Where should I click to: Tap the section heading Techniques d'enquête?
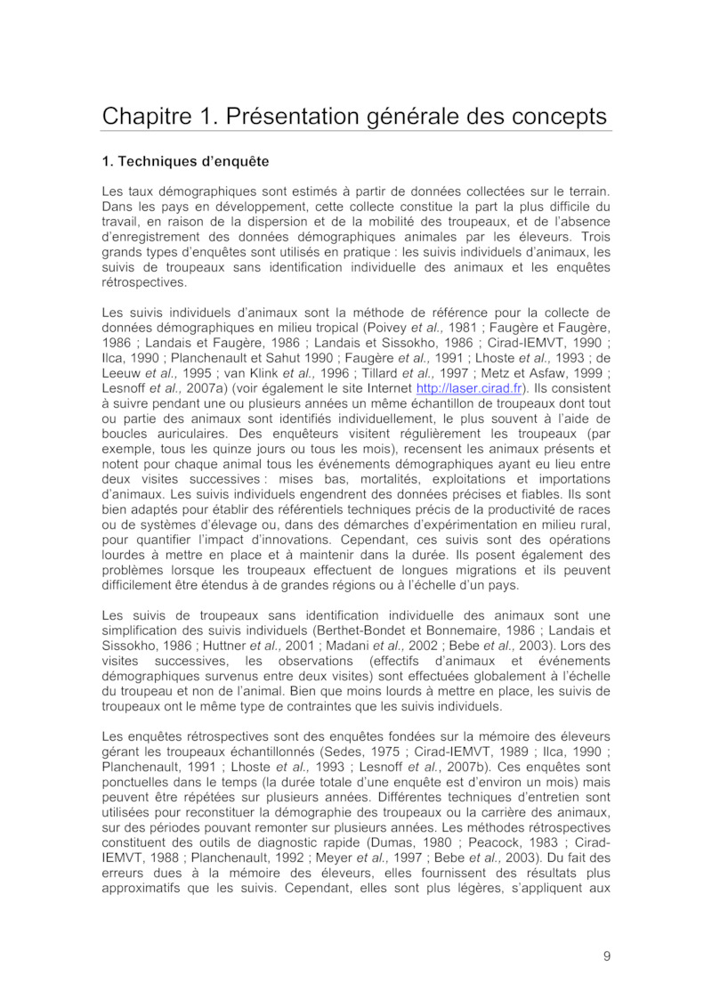point(186,162)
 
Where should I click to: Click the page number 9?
point(606,956)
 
